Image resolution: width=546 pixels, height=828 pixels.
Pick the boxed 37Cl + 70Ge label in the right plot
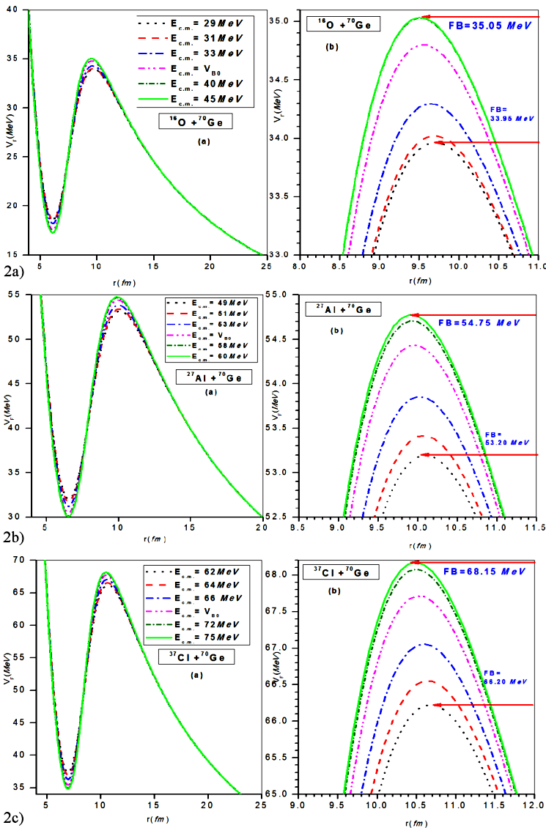pyautogui.click(x=341, y=572)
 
